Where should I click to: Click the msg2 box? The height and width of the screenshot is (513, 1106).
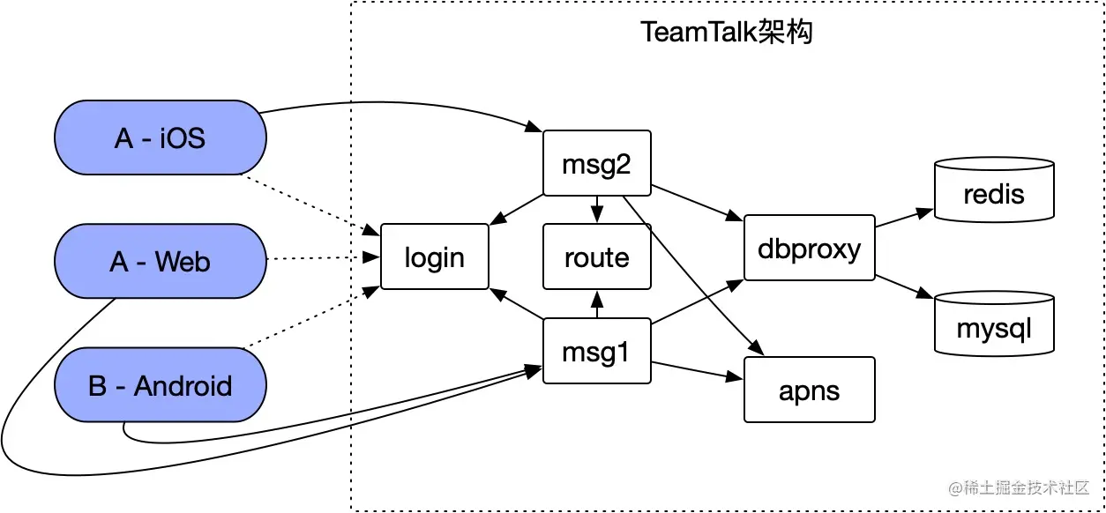(x=596, y=163)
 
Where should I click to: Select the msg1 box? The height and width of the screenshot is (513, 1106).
(x=596, y=351)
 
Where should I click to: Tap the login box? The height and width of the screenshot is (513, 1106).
(x=434, y=256)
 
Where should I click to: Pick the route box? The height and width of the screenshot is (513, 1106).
(x=596, y=256)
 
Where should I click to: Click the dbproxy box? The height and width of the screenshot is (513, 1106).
(x=809, y=248)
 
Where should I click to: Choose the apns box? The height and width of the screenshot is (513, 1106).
(x=809, y=389)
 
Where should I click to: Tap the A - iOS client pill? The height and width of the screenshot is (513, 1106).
(x=160, y=137)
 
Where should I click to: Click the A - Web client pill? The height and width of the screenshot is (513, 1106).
(x=160, y=261)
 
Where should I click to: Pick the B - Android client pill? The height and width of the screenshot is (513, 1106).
(x=160, y=385)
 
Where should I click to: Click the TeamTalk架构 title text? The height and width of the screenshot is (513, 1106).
(x=726, y=32)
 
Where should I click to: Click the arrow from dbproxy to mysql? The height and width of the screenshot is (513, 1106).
(x=903, y=286)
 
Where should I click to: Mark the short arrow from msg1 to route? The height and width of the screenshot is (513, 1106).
(x=597, y=304)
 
